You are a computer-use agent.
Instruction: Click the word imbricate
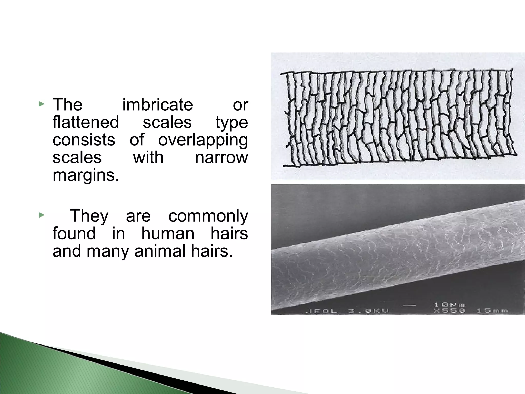(x=157, y=105)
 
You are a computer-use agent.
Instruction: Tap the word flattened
(x=86, y=122)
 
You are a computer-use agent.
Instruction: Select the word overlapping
(x=203, y=140)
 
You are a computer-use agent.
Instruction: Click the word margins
(x=86, y=175)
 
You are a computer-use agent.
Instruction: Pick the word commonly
(x=208, y=216)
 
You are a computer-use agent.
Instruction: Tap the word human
(x=168, y=233)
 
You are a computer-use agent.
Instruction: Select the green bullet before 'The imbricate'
(x=41, y=104)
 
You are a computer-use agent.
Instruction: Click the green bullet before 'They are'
(x=41, y=215)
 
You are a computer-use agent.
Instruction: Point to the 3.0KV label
(x=368, y=311)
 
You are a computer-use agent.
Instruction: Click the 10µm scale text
(x=449, y=305)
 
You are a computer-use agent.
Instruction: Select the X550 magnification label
(x=449, y=311)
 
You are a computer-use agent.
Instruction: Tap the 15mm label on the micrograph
(x=492, y=311)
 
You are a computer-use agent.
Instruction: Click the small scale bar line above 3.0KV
(x=409, y=305)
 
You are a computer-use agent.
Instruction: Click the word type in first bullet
(x=231, y=123)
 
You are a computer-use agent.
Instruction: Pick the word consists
(x=84, y=140)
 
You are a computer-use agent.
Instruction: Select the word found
(x=74, y=233)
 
